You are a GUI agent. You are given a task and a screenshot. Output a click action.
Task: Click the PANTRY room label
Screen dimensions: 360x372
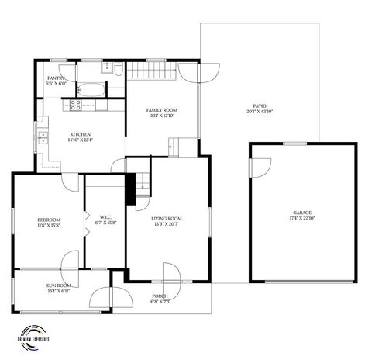click(55, 78)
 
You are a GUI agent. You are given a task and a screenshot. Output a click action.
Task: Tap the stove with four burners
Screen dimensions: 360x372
click(77, 105)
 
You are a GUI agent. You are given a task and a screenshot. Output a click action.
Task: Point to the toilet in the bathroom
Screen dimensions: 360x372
click(117, 71)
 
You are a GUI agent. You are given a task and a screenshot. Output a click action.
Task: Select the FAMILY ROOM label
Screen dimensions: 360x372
click(161, 110)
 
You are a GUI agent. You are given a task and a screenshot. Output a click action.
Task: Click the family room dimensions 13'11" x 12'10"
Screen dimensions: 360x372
click(161, 116)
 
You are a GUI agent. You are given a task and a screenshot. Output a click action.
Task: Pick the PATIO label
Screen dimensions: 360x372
click(260, 106)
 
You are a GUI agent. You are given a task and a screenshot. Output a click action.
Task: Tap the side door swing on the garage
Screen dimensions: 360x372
click(260, 168)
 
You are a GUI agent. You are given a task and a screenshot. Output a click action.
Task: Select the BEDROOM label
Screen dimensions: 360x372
click(49, 220)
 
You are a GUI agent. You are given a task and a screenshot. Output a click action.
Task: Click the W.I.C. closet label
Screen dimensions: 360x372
click(105, 216)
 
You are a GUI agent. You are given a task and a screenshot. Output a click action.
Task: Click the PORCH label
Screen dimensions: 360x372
click(160, 296)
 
